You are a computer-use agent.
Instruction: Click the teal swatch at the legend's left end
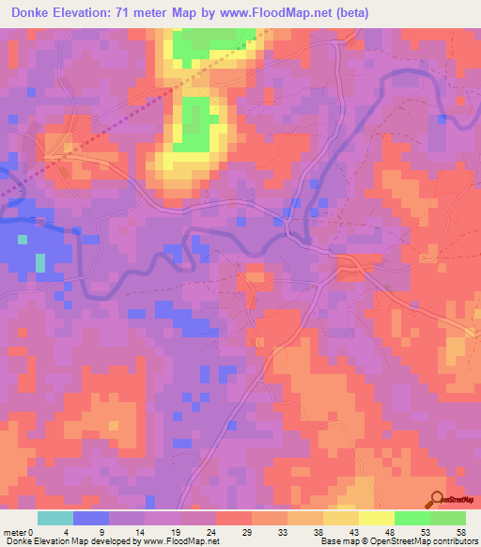click(55, 518)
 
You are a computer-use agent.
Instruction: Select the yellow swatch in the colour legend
click(377, 518)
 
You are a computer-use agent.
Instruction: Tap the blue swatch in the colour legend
click(91, 518)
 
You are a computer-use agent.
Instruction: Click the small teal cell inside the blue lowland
click(39, 260)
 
